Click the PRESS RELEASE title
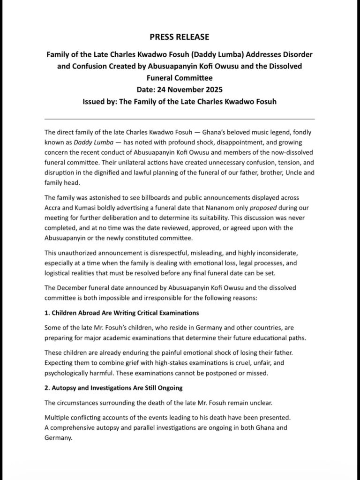(x=180, y=37)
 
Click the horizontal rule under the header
(x=180, y=119)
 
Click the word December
(x=75, y=287)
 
